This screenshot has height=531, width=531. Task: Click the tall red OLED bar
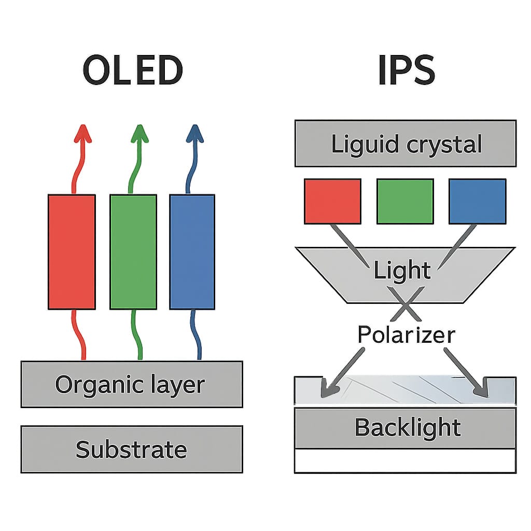click(x=72, y=251)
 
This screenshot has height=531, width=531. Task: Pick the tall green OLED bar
click(x=133, y=251)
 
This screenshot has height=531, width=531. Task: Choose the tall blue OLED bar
click(x=192, y=251)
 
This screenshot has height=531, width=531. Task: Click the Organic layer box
click(x=132, y=384)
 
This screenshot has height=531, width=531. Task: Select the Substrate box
click(x=132, y=449)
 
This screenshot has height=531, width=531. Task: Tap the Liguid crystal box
click(x=406, y=144)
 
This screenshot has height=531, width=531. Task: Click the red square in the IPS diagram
click(x=332, y=201)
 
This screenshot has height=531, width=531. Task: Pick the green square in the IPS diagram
click(x=405, y=201)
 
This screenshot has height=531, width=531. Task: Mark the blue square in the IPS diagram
click(x=477, y=201)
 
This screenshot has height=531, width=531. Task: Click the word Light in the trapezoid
click(x=403, y=271)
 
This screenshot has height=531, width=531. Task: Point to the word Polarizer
click(x=406, y=334)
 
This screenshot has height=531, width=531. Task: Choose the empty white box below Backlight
click(x=406, y=461)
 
